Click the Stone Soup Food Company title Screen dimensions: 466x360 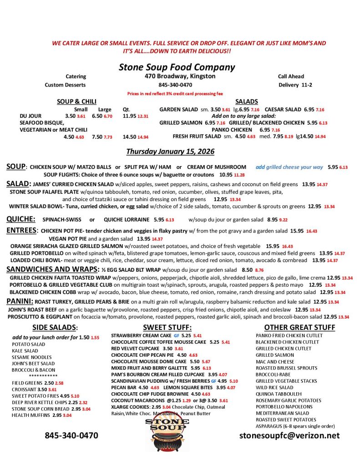(x=177, y=67)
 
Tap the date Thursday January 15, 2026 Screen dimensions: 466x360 (x=170, y=151)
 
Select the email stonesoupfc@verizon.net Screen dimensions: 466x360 (x=289, y=436)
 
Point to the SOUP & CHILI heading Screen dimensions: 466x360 (x=76, y=101)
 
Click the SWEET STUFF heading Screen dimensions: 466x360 (x=167, y=327)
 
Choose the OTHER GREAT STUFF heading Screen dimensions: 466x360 (x=299, y=327)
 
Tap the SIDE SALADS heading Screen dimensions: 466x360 (x=55, y=327)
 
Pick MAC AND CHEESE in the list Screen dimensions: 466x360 (x=275, y=362)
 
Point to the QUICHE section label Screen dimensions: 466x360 (x=21, y=219)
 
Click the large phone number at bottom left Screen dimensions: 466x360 (x=71, y=436)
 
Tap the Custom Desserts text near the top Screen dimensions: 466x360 (x=65, y=85)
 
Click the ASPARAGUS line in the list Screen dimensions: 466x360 (x=295, y=426)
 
